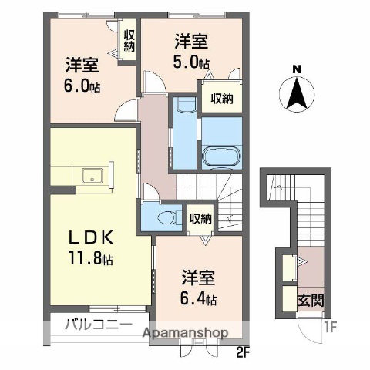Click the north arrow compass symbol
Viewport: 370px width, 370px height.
coord(296,96)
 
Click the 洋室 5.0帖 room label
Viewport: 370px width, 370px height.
coord(190,50)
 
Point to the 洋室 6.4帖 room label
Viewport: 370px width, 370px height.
coord(198,287)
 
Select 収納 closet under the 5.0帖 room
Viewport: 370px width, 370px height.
coord(222,98)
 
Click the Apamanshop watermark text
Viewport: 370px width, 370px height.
coord(187,332)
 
